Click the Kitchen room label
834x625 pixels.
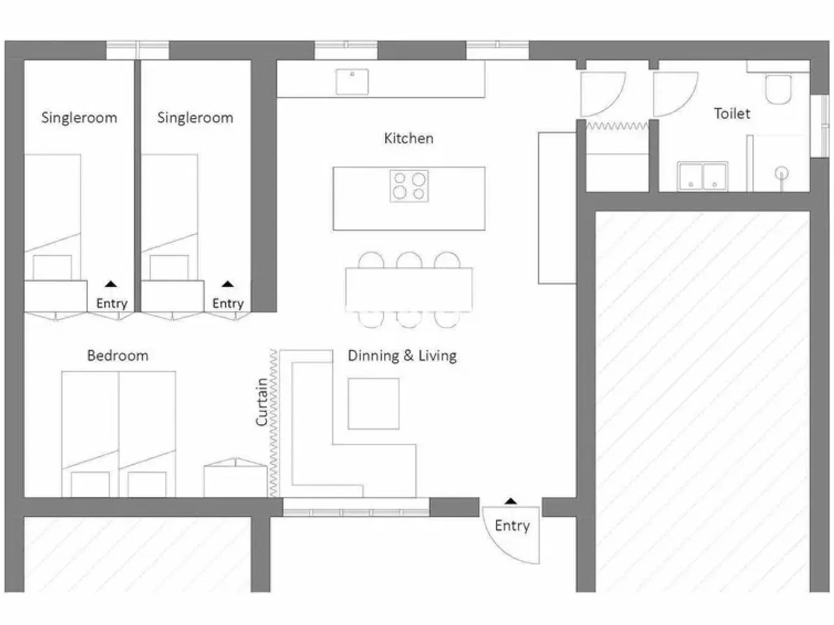click(409, 138)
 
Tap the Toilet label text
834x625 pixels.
click(732, 113)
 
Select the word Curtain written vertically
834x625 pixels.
click(262, 402)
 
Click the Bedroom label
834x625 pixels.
click(118, 355)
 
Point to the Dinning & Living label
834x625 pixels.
click(402, 355)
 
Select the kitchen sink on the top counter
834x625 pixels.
click(352, 82)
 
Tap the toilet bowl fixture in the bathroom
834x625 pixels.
click(778, 89)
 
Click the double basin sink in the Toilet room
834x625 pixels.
click(702, 176)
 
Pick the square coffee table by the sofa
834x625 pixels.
click(373, 403)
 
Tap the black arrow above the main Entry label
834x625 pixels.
click(511, 501)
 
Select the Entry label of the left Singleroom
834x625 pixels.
click(111, 303)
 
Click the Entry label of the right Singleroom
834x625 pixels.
click(227, 303)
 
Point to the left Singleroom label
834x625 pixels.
click(79, 118)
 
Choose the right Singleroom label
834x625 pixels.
click(195, 118)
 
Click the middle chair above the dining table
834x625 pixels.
click(409, 260)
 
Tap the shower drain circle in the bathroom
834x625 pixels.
click(782, 173)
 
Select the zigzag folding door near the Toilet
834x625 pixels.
click(618, 126)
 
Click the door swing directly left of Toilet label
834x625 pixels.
click(675, 93)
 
